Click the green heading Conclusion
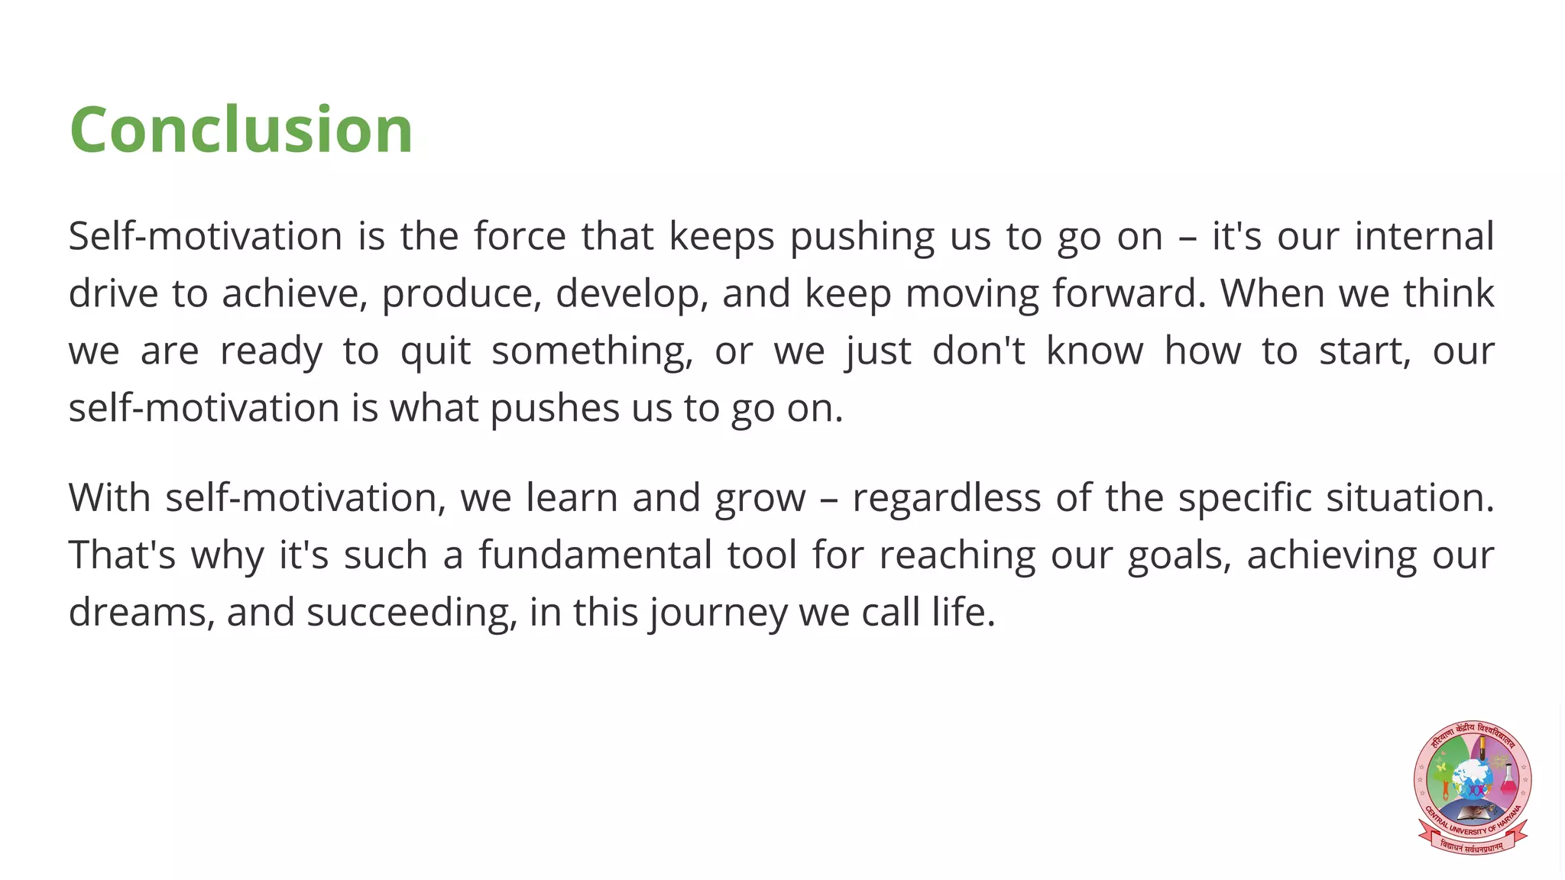[241, 130]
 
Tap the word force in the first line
[520, 235]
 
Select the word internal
[1424, 235]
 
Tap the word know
[1094, 351]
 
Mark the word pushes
[555, 409]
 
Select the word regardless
[947, 498]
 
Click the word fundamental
[595, 555]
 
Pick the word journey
[717, 613]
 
